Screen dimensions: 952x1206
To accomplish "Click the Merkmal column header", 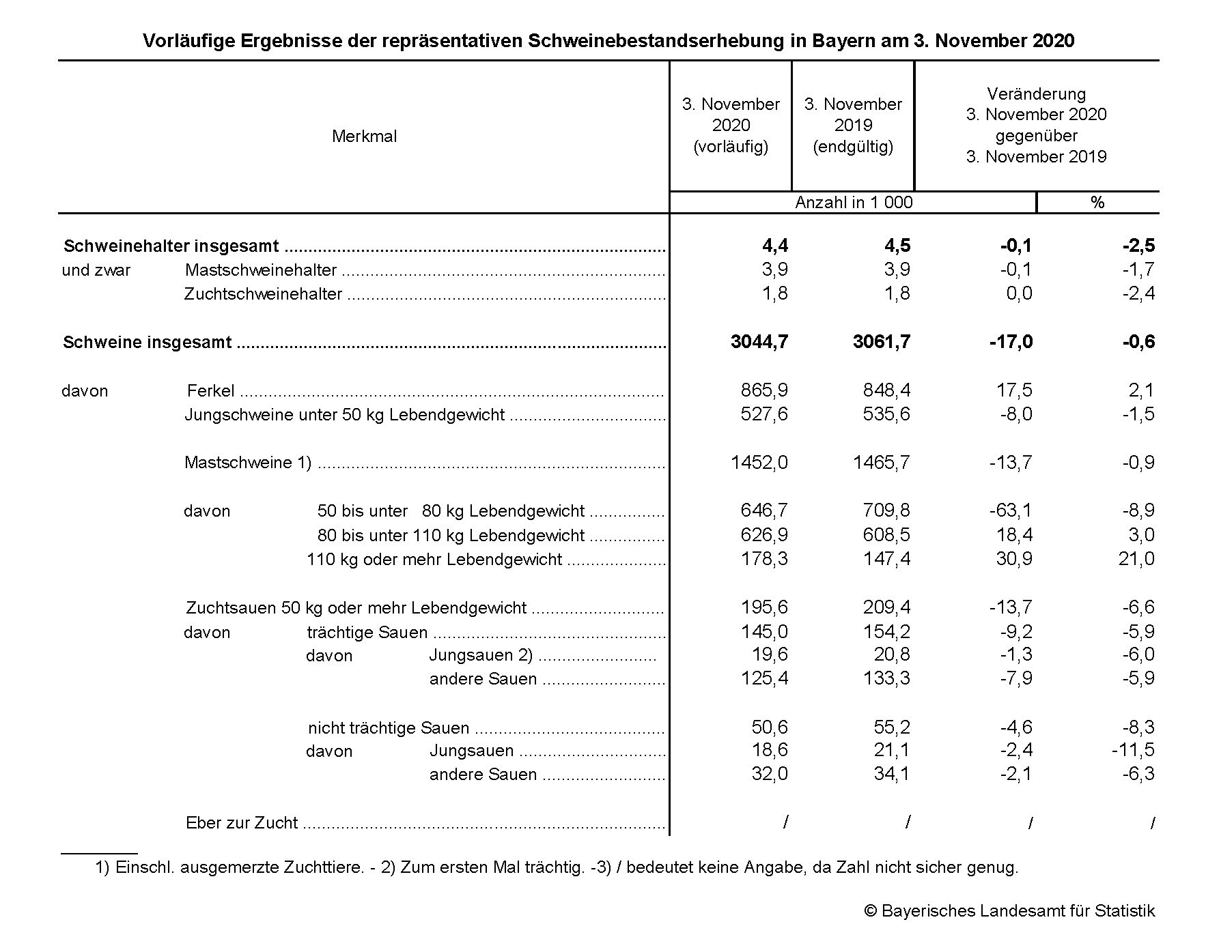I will coord(364,136).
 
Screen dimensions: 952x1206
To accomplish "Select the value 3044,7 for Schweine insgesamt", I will coord(759,342).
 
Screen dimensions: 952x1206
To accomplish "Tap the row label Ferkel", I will coord(210,391).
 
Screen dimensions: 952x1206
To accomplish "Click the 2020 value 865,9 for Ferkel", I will coord(763,390).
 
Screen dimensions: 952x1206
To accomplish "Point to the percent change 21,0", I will coord(1136,559).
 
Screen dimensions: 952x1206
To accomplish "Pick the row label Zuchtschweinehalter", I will coord(263,294).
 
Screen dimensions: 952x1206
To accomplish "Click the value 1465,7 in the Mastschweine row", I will coord(881,463).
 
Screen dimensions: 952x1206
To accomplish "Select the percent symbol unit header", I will coord(1097,203).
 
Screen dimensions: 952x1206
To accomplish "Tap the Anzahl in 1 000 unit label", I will coord(854,203).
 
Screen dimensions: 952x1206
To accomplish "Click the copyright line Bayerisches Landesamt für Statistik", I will coord(1009,911).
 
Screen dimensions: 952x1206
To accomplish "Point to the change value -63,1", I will coord(1011,510).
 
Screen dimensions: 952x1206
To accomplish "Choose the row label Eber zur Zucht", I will coord(242,823).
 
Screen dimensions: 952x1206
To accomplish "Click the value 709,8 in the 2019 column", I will coord(886,510).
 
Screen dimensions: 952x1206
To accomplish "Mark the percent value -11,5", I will coord(1133,750).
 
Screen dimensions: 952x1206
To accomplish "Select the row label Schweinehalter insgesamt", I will coord(171,246).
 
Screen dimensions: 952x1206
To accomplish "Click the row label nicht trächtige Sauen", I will coord(389,728).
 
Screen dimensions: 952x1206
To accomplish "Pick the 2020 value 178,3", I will coord(763,559).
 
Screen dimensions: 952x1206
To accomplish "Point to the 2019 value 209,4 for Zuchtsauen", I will coord(886,607).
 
